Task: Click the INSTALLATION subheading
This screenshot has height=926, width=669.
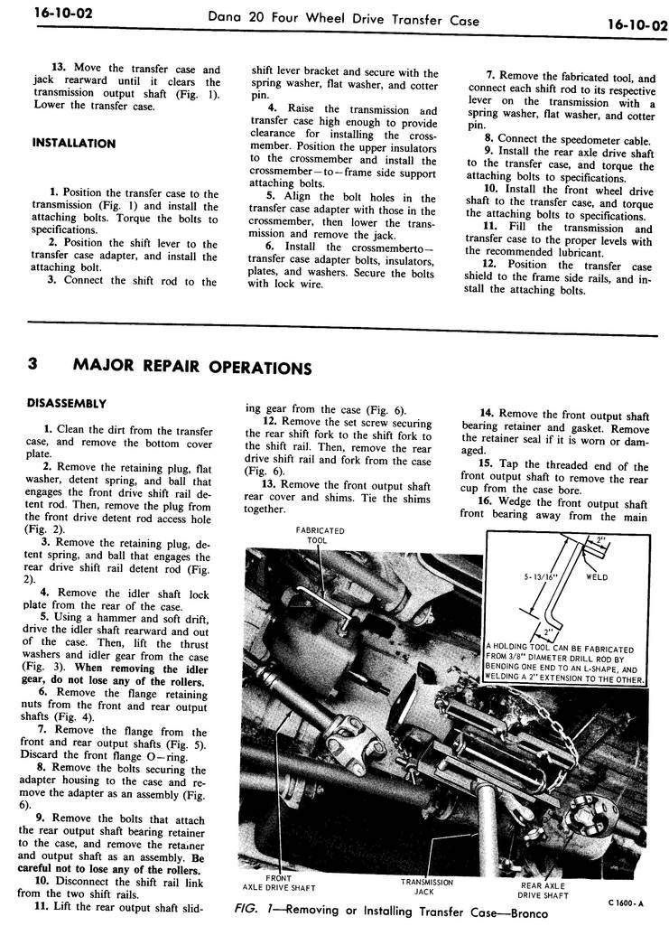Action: click(73, 144)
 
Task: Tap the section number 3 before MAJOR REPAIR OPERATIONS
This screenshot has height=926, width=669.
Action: click(33, 365)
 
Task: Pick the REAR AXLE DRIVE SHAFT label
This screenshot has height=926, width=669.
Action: click(543, 891)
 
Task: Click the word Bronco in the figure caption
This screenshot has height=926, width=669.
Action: click(523, 912)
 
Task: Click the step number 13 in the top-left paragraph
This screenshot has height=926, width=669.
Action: click(59, 70)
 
